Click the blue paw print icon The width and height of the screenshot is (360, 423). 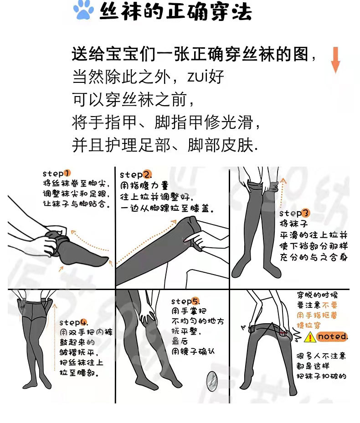tap(83, 10)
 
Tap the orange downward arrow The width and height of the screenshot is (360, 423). tap(335, 60)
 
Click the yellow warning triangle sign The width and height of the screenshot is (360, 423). tap(310, 337)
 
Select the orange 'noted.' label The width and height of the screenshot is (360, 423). tap(332, 336)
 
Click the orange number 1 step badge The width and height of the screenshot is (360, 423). tap(67, 173)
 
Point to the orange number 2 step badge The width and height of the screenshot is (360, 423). tap(147, 175)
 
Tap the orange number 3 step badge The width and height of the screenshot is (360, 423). tap(305, 213)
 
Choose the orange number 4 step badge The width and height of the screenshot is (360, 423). tap(83, 322)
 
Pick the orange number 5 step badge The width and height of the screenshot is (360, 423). tap(195, 301)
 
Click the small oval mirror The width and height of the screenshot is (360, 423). tap(212, 381)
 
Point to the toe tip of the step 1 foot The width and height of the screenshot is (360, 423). tap(108, 259)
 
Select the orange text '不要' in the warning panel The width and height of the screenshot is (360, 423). tap(330, 305)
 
